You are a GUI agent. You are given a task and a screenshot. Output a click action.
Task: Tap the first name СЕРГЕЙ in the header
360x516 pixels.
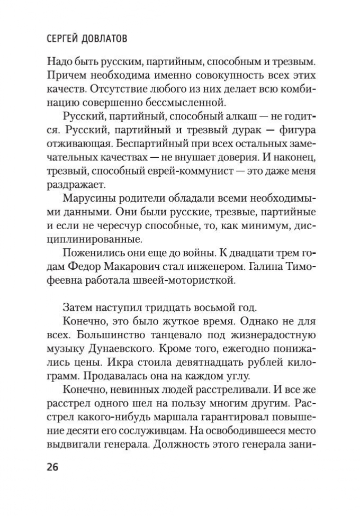point(58,41)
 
